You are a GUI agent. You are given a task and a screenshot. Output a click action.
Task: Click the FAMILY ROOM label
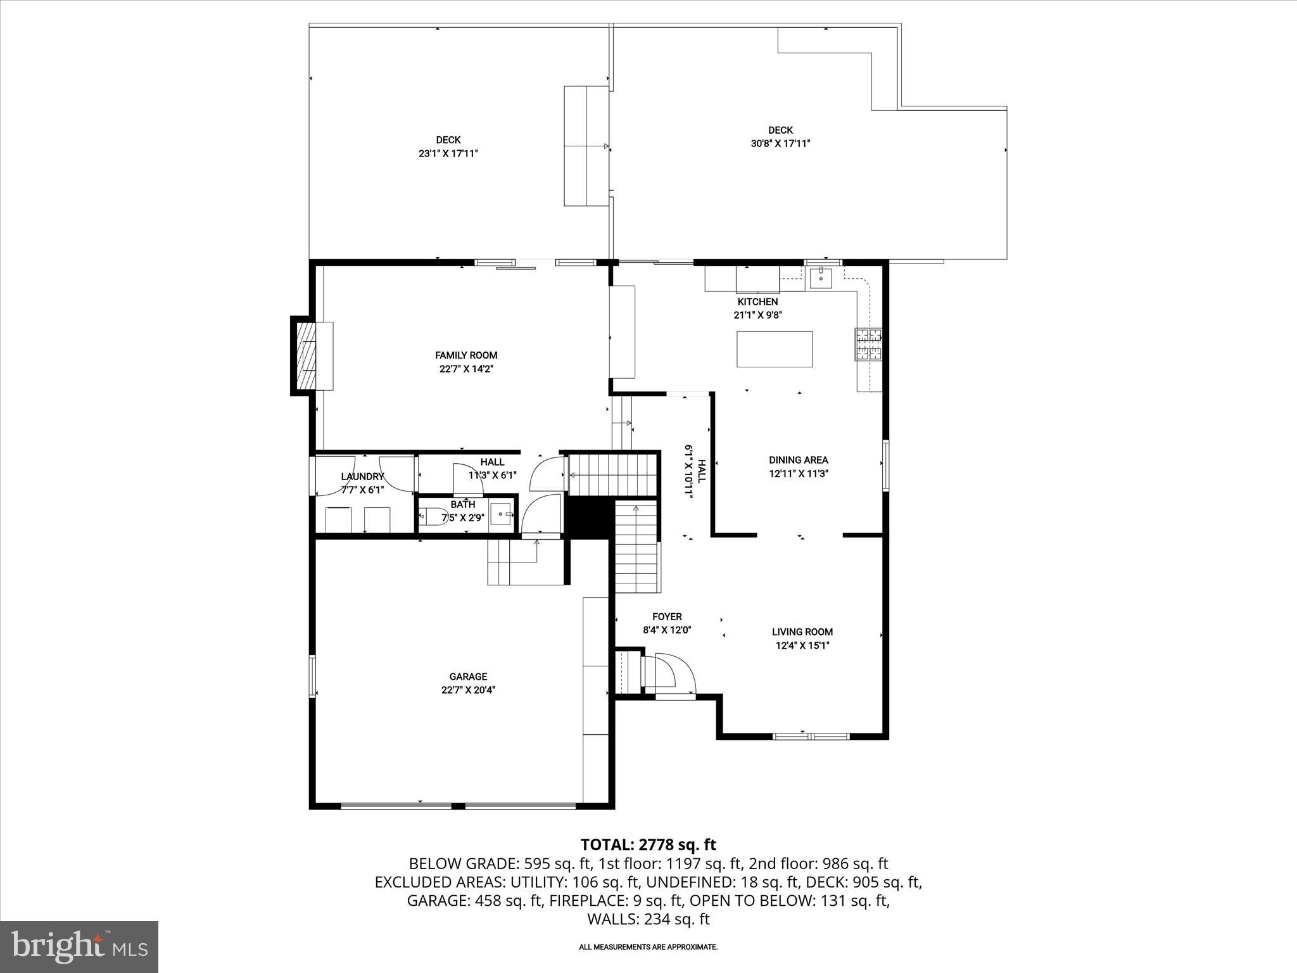click(466, 355)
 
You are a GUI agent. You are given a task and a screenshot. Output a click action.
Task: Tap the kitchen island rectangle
click(774, 349)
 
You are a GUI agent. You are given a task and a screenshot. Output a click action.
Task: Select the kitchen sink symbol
click(821, 277)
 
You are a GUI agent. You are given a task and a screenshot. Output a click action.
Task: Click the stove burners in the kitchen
click(868, 344)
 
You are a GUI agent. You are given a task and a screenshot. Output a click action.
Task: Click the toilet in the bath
click(434, 516)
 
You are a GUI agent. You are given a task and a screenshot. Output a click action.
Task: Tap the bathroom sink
click(502, 514)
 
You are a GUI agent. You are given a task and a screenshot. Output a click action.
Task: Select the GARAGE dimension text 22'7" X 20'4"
click(468, 690)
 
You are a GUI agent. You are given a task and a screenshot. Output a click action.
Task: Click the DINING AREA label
click(798, 460)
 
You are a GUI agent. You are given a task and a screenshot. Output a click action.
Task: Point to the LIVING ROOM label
click(802, 632)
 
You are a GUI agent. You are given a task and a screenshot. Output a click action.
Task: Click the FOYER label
click(667, 616)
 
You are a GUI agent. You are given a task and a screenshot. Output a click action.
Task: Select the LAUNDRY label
click(362, 476)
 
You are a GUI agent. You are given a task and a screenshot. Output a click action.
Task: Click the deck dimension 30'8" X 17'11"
click(780, 144)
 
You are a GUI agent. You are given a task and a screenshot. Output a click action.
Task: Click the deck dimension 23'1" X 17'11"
click(448, 153)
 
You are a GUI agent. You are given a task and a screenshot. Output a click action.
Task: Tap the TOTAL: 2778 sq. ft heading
click(648, 844)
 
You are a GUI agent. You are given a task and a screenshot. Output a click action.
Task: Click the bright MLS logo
click(79, 946)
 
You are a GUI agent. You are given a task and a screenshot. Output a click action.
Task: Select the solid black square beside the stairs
click(588, 517)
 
